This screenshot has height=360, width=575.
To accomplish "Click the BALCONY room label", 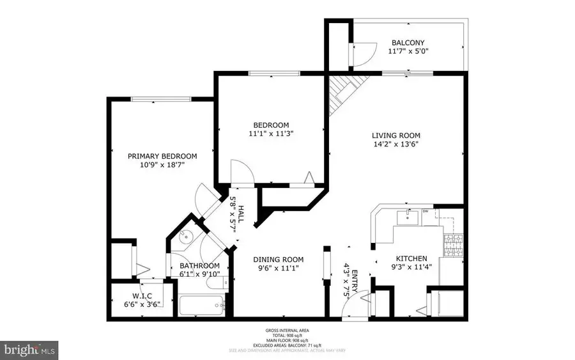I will pos(410,43).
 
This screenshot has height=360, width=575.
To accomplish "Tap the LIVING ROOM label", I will pos(396,135).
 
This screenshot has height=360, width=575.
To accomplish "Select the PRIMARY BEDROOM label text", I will pos(162,156).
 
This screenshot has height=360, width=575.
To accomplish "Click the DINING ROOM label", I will pos(278,260).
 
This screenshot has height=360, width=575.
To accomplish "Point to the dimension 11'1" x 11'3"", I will pos(271,134).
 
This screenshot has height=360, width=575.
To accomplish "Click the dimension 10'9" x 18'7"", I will pos(162,165).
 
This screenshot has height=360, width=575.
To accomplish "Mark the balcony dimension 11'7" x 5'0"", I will pos(410,52).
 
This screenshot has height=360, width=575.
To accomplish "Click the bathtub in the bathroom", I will pos(200,305).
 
